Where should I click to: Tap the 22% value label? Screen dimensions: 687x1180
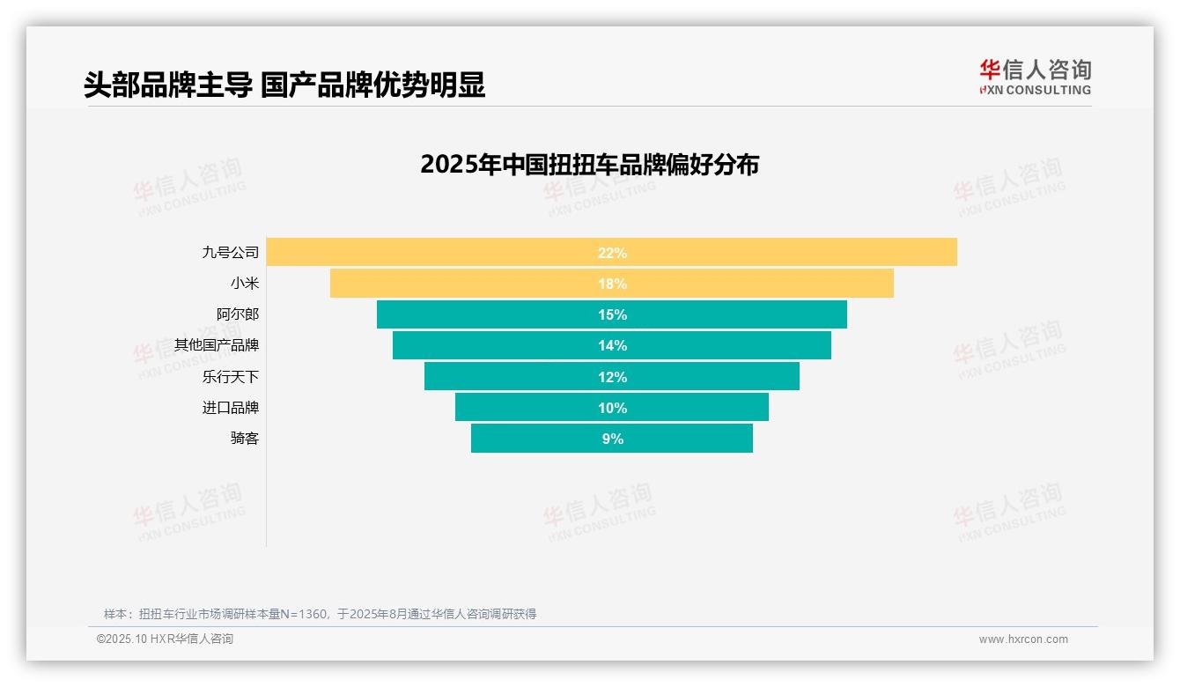(612, 253)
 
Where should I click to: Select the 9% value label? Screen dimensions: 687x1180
(612, 439)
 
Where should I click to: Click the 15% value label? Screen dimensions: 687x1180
(612, 314)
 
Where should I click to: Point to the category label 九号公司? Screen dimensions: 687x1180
(231, 253)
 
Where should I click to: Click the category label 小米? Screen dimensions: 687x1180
(245, 284)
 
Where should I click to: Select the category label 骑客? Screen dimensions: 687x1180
(245, 439)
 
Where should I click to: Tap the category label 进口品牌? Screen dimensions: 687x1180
(231, 408)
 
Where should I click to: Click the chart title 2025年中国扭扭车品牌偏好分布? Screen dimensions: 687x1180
(589, 165)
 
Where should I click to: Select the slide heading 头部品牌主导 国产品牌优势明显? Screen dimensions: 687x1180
(284, 85)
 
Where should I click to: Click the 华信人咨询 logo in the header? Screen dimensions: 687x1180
(1035, 77)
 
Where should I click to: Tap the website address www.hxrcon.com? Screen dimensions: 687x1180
(1023, 639)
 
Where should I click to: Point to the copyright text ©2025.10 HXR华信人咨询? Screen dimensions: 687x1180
(165, 639)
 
